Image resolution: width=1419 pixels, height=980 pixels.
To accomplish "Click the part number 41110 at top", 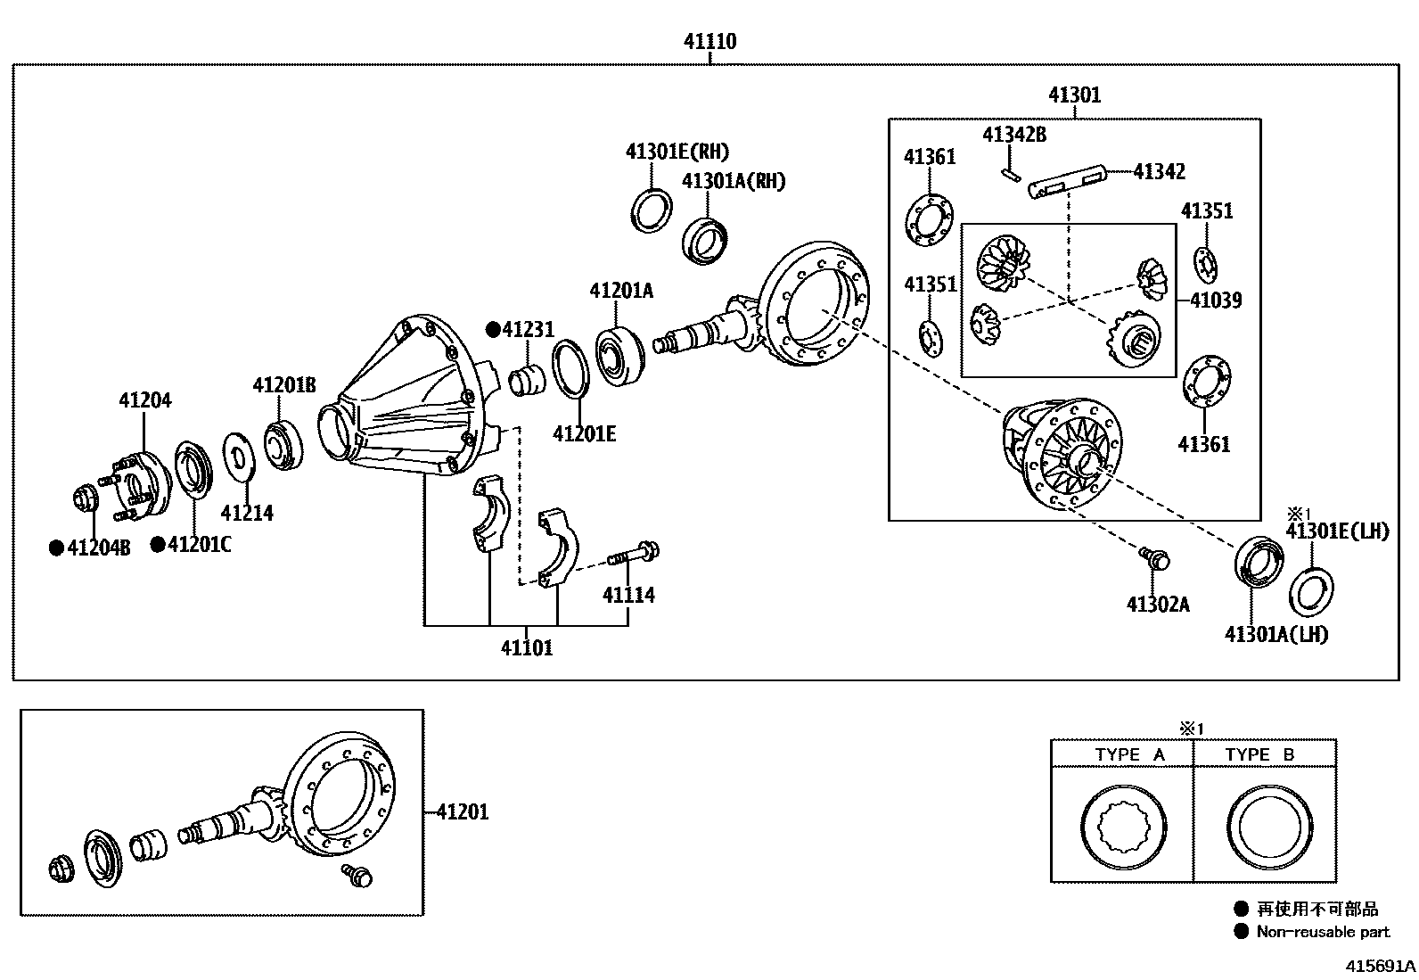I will click(x=709, y=41).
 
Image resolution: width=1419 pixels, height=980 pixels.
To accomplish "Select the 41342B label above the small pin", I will click(x=1013, y=135).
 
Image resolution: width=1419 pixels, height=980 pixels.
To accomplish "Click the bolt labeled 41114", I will click(x=635, y=555).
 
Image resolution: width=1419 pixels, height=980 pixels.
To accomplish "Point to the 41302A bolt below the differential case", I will click(x=1157, y=560).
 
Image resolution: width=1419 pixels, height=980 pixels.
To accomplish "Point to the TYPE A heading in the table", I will click(x=1129, y=754).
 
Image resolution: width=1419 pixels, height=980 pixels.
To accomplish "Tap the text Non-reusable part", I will click(x=1323, y=932).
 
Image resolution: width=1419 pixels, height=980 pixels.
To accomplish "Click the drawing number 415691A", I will click(x=1380, y=966).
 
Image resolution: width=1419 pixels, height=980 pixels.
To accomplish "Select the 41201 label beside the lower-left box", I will click(x=463, y=812).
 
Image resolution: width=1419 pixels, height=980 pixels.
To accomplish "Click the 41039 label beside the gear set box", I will click(x=1216, y=301).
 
